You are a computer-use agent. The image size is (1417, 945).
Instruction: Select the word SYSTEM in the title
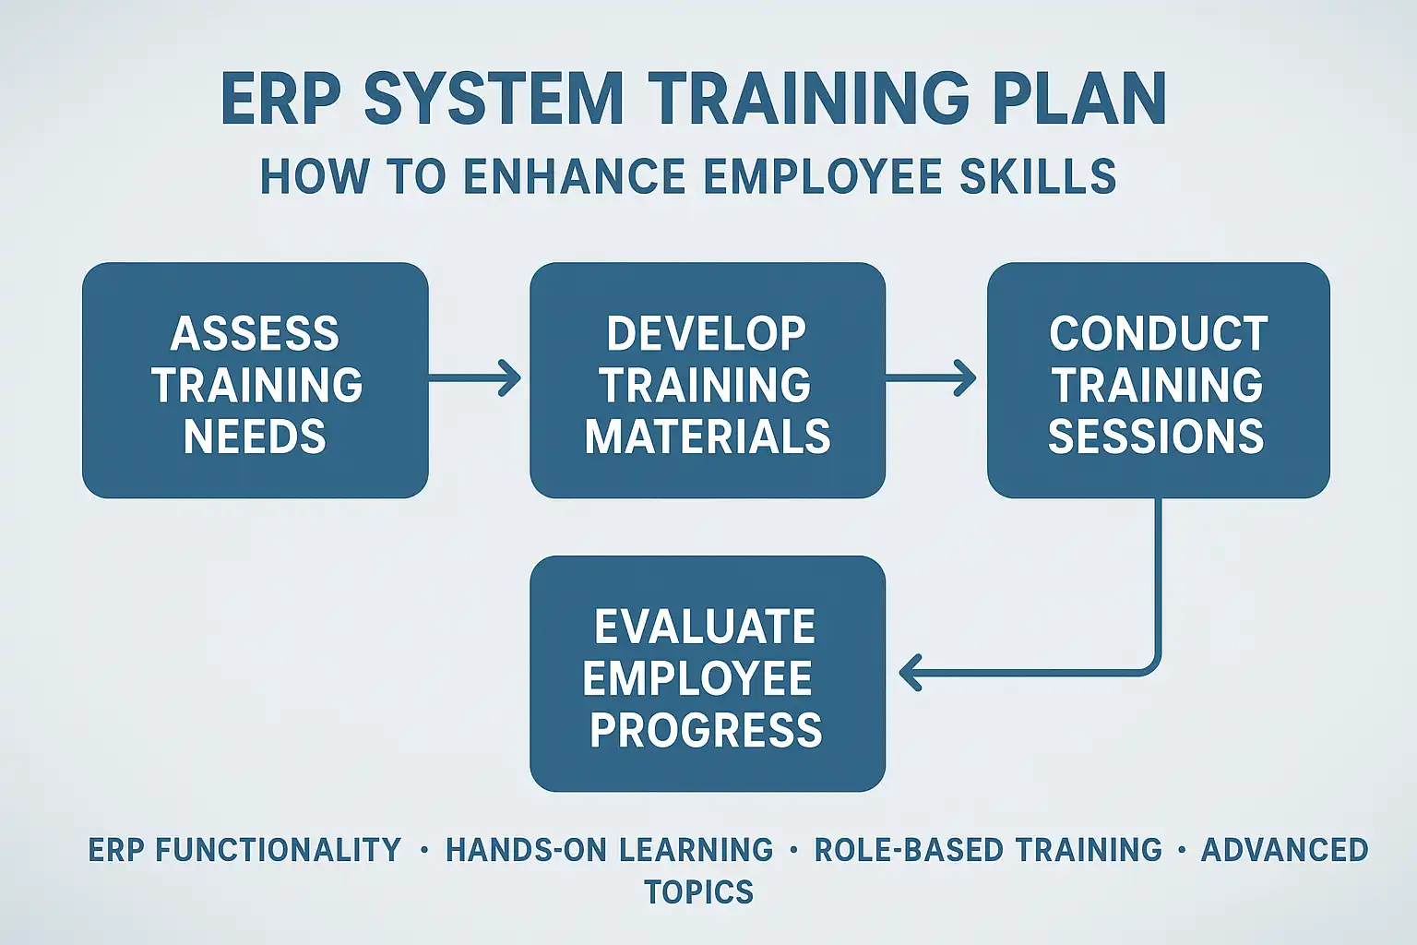pos(494,100)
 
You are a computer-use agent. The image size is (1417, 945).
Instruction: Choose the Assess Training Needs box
pos(256,380)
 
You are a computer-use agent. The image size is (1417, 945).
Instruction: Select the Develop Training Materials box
pos(708,380)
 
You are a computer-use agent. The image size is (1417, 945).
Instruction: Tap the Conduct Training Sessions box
pos(1159,380)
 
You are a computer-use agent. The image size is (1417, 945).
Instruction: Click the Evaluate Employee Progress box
pos(708,674)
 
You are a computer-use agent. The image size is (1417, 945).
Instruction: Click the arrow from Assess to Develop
pos(474,378)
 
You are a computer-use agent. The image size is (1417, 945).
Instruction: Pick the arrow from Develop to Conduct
pos(931,378)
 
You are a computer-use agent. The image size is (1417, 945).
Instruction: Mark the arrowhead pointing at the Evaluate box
pos(910,672)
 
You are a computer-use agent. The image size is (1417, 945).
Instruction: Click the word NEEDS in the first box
pos(255,437)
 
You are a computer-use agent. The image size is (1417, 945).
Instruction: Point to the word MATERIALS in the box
pos(708,437)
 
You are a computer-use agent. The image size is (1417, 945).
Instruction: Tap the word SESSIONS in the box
pos(1156,437)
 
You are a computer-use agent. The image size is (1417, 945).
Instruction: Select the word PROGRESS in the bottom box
pos(706,729)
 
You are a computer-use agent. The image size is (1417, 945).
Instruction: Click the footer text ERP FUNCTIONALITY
pos(244,849)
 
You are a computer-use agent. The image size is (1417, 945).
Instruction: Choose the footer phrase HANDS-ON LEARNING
pos(610,849)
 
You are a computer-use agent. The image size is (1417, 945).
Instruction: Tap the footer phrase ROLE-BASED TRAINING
pos(988,849)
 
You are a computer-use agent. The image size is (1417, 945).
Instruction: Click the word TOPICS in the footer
pos(699,891)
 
